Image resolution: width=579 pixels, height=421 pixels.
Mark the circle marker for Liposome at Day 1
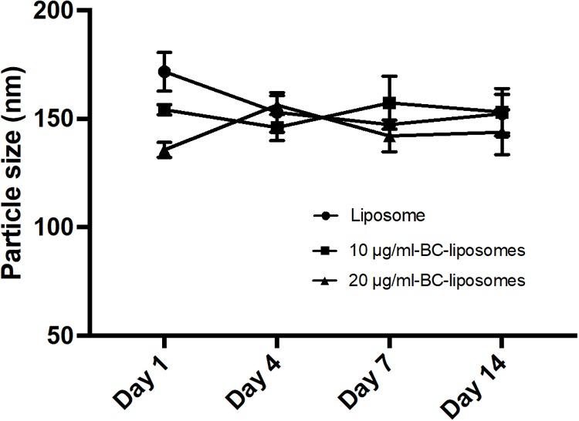pos(164,72)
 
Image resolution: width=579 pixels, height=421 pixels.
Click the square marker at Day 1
pos(164,109)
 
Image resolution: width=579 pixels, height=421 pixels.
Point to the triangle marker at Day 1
pos(164,152)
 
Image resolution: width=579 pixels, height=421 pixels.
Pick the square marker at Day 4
pos(276,128)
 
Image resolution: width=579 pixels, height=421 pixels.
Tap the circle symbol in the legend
pos(326,217)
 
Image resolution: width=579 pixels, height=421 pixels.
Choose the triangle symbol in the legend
pos(326,281)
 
